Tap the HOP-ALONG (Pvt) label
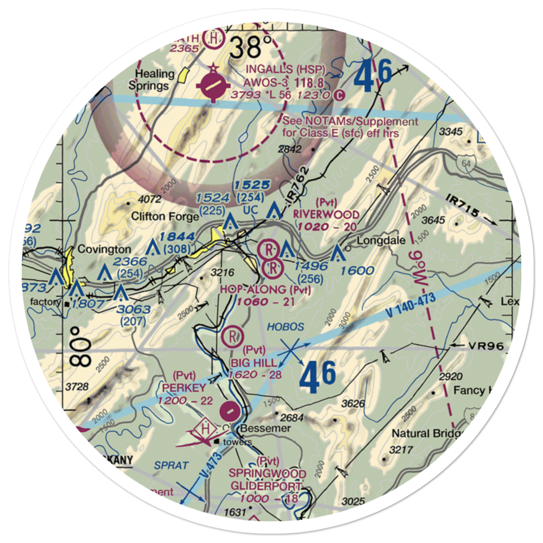click(x=266, y=290)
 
